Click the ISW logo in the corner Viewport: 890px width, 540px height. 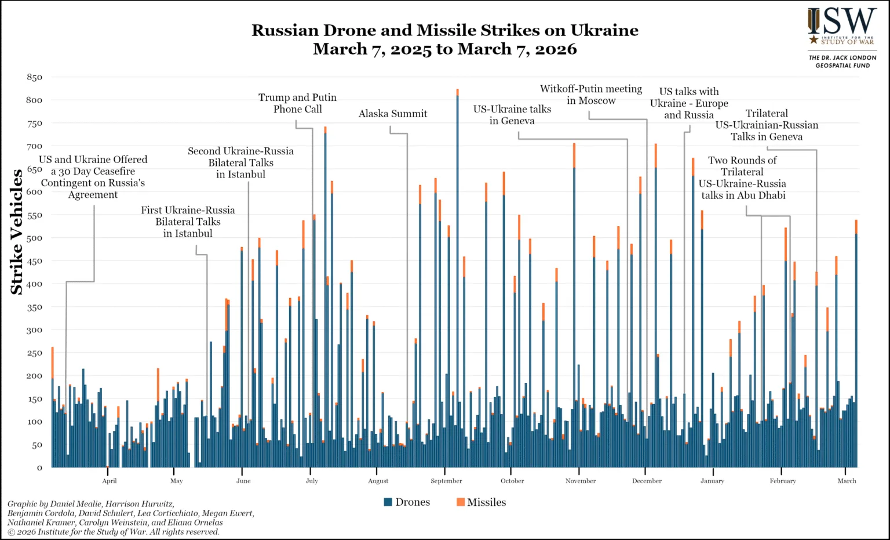(x=842, y=27)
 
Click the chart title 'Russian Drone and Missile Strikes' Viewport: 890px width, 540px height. (x=444, y=31)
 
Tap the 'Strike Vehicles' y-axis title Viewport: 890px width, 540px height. (x=17, y=231)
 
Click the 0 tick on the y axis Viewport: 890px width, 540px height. (x=39, y=467)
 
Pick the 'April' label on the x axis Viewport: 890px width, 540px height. (x=110, y=481)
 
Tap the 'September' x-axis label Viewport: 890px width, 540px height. (x=446, y=481)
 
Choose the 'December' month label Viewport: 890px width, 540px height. (x=647, y=481)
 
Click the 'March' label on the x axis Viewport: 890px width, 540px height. (x=847, y=481)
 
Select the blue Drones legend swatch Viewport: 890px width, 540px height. (x=388, y=502)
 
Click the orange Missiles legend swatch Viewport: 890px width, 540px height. (x=461, y=502)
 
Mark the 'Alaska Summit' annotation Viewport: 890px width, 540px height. (x=393, y=114)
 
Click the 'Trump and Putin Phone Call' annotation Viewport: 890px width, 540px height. (x=297, y=103)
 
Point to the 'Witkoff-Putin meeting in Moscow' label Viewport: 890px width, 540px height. (x=591, y=95)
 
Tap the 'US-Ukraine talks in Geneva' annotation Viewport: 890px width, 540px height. (x=512, y=115)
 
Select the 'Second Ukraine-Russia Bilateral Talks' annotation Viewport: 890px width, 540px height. (x=240, y=162)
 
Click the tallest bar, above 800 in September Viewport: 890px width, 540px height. (x=457, y=278)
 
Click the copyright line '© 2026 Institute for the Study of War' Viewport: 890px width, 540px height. (x=114, y=532)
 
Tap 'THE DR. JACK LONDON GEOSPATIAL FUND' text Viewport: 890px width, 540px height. (x=842, y=61)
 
